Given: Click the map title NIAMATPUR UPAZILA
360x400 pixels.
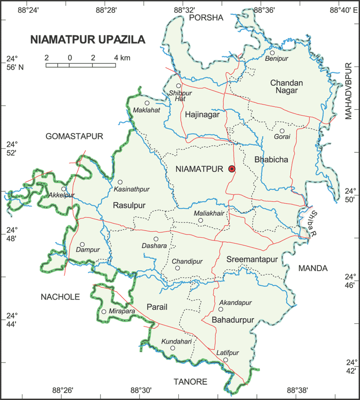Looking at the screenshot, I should (x=88, y=39).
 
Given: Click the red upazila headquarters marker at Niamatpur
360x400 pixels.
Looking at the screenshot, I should (x=232, y=169).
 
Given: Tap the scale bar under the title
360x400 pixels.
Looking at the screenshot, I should (x=81, y=65).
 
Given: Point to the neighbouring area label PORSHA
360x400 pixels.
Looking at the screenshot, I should (x=205, y=18).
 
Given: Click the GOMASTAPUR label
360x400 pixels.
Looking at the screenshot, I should (x=74, y=136).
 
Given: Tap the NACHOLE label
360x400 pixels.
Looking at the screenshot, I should (x=60, y=297).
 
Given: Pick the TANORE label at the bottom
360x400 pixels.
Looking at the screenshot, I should (x=190, y=382).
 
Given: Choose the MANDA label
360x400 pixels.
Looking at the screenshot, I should (x=313, y=268).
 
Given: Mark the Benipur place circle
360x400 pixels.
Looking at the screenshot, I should (x=272, y=53).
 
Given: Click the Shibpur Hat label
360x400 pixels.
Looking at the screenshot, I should (x=180, y=96).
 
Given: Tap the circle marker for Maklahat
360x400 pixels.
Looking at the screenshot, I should (x=147, y=103).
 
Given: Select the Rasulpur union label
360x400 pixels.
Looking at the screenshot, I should (x=128, y=206).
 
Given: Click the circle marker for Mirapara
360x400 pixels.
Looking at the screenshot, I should (x=104, y=311).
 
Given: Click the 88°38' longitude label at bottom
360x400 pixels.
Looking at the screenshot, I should (x=297, y=391).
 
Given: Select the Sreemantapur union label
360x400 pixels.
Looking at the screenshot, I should (x=252, y=260).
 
